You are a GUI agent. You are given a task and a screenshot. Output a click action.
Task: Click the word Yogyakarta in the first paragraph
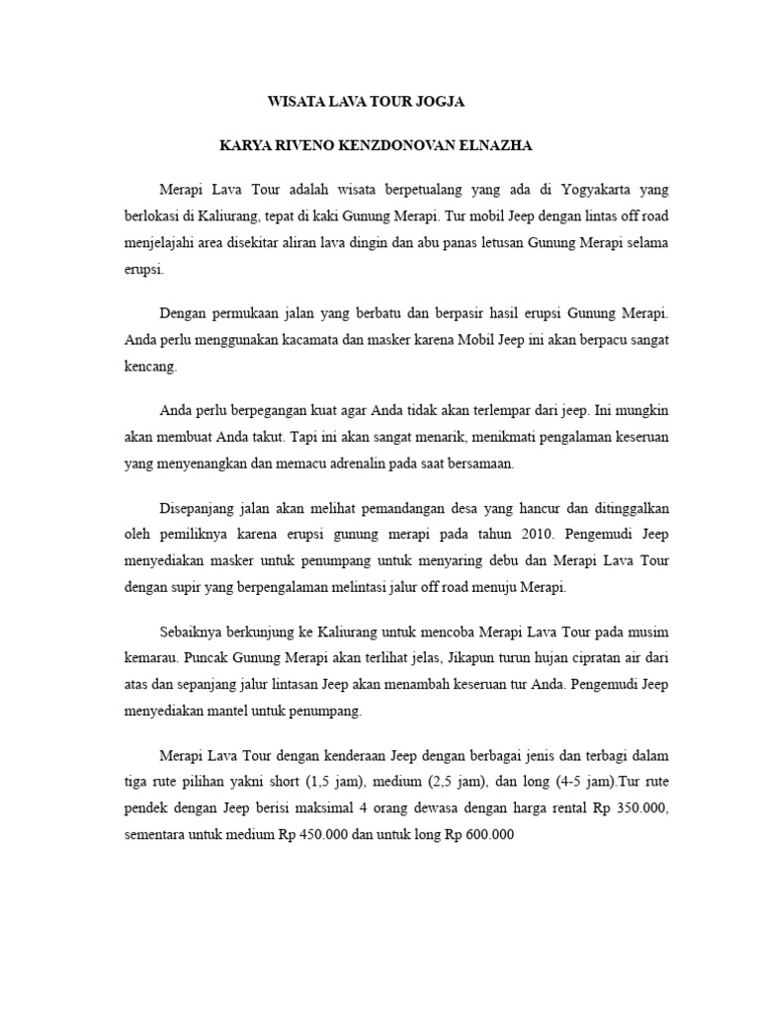573,189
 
